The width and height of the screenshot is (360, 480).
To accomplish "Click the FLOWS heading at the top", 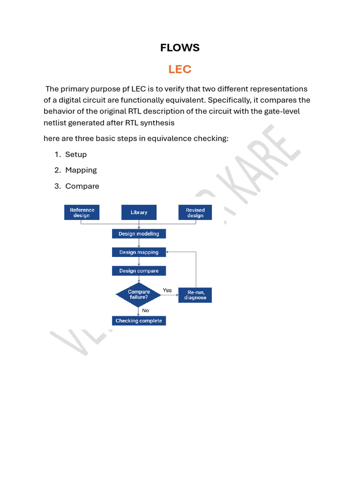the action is click(180, 47).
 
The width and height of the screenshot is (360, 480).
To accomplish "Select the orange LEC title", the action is click(180, 69).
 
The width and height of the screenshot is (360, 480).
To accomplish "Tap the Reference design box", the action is click(82, 212).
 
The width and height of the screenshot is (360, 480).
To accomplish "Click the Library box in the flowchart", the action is click(139, 212).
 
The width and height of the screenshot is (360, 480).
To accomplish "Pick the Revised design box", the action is click(195, 212).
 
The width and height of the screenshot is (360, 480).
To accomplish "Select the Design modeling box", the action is click(139, 233).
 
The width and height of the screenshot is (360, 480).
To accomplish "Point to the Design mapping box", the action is click(139, 252).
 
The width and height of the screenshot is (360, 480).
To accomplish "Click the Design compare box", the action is click(139, 271).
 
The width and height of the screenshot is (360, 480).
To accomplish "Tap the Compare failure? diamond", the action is click(139, 294).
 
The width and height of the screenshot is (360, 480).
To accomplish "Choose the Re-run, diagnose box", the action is click(195, 295).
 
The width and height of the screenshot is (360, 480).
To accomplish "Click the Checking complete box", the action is click(139, 321).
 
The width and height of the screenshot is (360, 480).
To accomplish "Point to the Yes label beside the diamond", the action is click(167, 290).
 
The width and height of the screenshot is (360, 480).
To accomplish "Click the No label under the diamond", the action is click(145, 310).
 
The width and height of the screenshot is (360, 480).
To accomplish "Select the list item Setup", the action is click(76, 154).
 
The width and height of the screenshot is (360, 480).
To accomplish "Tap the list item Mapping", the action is click(81, 170).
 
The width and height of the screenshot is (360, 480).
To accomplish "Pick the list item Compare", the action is click(82, 186).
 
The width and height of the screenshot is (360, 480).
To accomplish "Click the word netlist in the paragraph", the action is click(55, 123).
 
